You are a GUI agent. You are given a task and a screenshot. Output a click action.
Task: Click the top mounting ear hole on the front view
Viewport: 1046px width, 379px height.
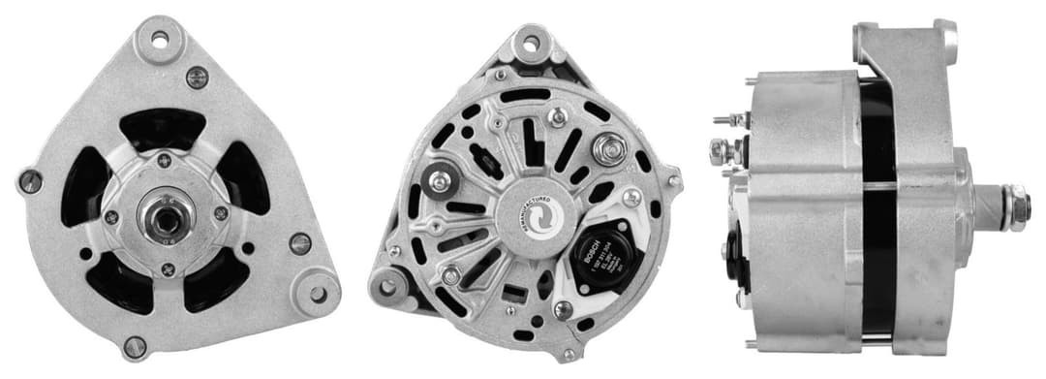pyautogui.click(x=158, y=40)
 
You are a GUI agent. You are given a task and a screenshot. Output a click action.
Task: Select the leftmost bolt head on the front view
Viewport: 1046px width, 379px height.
pyautogui.click(x=30, y=180)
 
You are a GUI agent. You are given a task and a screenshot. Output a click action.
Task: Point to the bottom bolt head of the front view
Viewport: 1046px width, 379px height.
pyautogui.click(x=135, y=345)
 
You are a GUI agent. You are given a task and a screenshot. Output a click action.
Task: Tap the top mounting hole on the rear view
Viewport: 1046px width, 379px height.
pyautogui.click(x=530, y=43)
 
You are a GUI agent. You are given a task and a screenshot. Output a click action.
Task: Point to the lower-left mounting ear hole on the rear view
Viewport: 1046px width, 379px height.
pyautogui.click(x=388, y=287)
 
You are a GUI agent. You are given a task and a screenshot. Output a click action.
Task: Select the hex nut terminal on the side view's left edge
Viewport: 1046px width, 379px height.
pyautogui.click(x=720, y=150)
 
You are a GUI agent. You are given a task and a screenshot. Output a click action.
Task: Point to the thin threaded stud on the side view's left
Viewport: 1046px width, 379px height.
pyautogui.click(x=721, y=121)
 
